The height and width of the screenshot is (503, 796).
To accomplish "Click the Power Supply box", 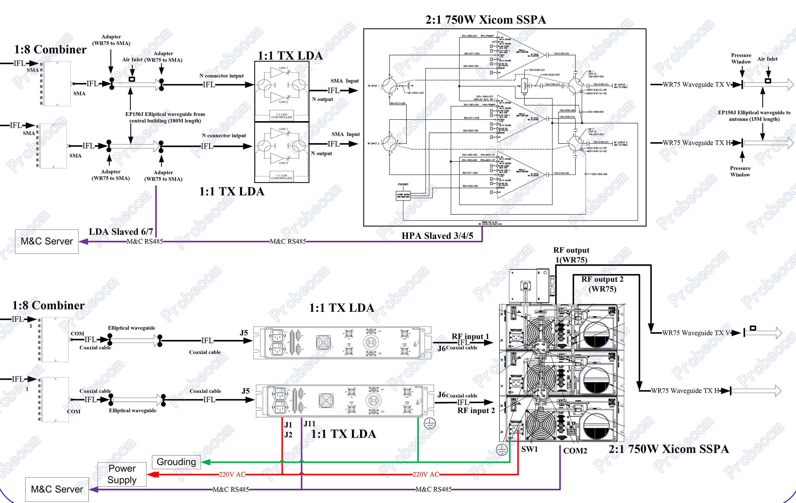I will click(x=122, y=474).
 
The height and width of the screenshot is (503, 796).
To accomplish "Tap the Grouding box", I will click(x=176, y=462).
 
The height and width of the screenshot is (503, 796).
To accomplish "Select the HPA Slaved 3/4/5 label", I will click(x=437, y=236).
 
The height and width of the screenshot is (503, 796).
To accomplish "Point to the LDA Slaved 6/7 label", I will click(x=121, y=232).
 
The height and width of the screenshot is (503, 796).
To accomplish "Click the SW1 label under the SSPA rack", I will click(x=529, y=449).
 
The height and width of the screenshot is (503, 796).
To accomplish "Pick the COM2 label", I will click(x=575, y=451).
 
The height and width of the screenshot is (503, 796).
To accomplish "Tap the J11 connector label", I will click(x=309, y=424).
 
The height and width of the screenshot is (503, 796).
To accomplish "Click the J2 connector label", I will click(x=288, y=435).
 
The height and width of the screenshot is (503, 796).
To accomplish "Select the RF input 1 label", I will click(x=470, y=336).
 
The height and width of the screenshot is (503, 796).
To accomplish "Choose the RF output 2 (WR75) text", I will click(x=602, y=284).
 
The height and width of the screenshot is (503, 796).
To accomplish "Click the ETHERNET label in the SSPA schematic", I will click(x=403, y=184).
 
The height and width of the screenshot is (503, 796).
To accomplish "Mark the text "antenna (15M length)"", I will click(x=754, y=119).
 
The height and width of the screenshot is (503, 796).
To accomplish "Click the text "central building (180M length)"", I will click(x=165, y=121).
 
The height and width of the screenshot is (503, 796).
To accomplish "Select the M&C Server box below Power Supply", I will click(x=57, y=489).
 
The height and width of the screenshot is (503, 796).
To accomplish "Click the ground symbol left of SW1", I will click(x=502, y=449).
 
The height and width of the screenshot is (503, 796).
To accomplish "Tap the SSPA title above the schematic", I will click(x=485, y=20).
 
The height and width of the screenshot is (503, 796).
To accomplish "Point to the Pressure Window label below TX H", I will click(x=740, y=172).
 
